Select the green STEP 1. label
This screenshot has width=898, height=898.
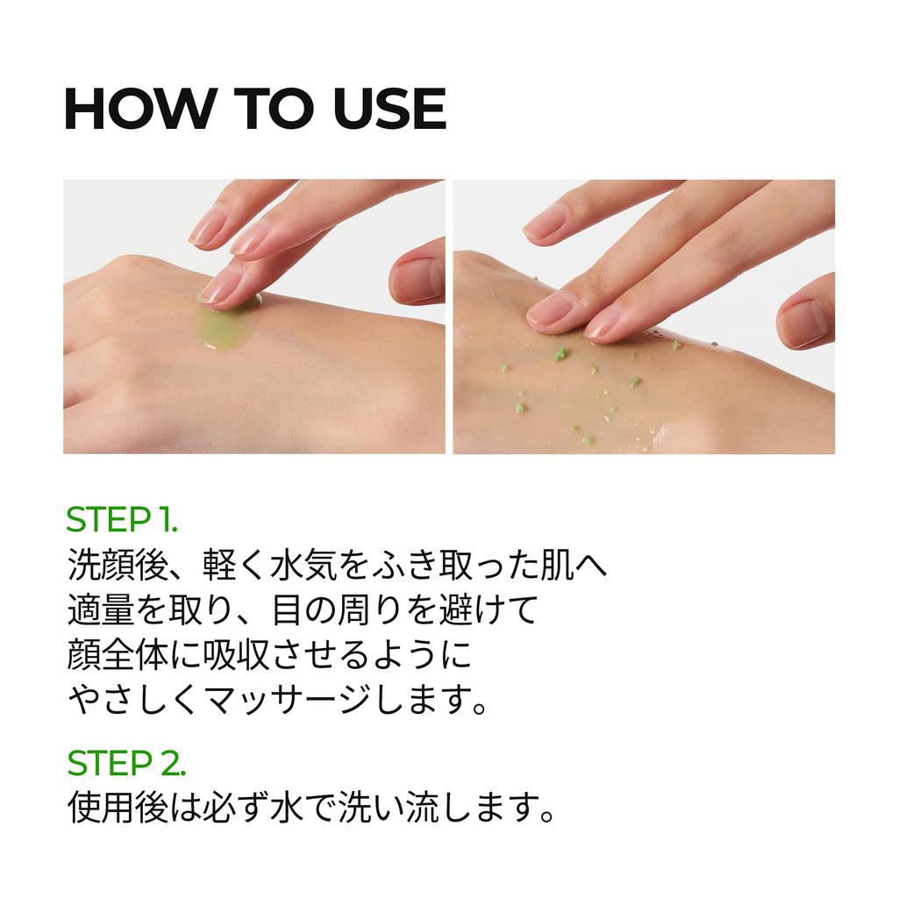click(x=122, y=520)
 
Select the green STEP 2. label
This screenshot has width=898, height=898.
click(x=126, y=763)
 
